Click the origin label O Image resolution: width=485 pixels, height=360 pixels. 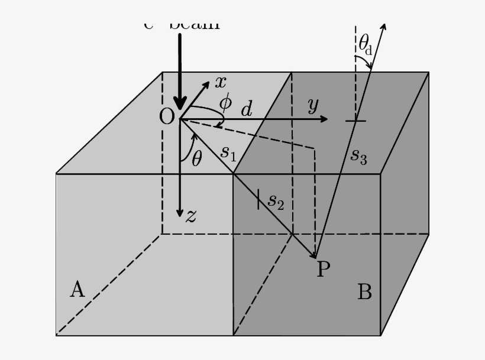coord(167,116)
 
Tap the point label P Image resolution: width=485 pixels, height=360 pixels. coord(323,270)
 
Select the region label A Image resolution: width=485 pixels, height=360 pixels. coord(77,290)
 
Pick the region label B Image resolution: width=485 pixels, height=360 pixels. coord(364,291)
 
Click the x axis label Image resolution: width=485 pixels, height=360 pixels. coord(220,82)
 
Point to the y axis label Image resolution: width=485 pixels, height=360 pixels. coord(313,105)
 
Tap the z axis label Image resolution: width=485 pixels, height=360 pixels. coord(190,216)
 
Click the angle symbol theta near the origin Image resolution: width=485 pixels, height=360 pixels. coord(197,158)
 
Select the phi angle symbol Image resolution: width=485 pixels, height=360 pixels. coord(225,102)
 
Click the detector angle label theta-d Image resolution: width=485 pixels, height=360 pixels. coord(365,44)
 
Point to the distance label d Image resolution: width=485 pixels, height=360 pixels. coord(246,109)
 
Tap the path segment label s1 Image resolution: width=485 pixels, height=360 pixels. coord(228,153)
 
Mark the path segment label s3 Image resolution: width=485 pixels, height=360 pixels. coord(359,155)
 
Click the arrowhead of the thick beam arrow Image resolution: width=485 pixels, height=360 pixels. coord(180,104)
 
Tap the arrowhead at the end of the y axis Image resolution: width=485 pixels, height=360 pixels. coord(324,119)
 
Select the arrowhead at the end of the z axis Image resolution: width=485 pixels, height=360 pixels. coord(180,212)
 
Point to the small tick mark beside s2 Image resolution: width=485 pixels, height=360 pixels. coord(259,199)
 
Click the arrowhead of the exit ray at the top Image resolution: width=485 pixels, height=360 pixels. coord(383,28)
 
